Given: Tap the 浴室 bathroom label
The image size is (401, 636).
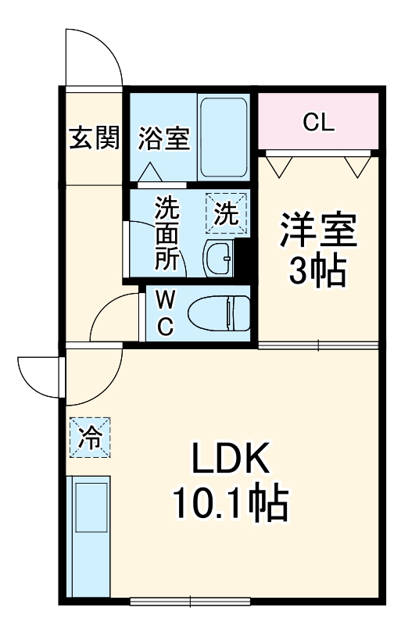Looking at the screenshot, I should tap(163, 138).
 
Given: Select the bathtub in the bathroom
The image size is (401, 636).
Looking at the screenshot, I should tap(224, 137).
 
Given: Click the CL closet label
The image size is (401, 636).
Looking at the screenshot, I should tap(319, 122).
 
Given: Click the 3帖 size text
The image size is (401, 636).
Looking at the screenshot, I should tap(318, 271).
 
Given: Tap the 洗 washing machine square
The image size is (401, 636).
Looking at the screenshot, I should tap(227, 213).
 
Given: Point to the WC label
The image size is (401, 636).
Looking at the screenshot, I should tap(165, 313).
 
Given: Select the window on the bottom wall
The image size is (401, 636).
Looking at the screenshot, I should tap(190, 601).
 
